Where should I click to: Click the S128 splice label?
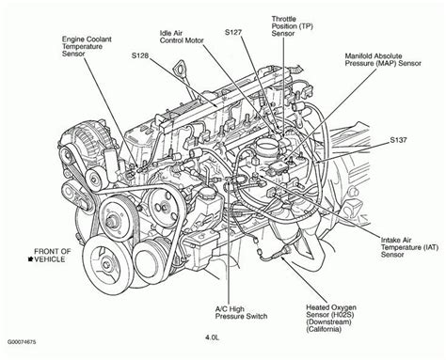point(140,55)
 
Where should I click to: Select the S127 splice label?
point(233,32)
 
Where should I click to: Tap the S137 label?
point(398,140)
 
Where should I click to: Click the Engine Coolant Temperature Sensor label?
point(87,46)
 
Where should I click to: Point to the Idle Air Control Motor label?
point(182,37)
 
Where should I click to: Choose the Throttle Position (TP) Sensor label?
point(293,26)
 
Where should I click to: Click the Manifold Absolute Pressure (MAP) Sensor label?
point(383,59)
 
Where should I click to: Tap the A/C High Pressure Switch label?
point(241,312)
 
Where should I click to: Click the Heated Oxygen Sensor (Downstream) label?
point(331,318)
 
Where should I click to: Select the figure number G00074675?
point(22,342)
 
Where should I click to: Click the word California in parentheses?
point(324,329)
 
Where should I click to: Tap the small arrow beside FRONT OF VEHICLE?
point(31,258)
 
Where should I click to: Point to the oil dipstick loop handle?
point(181,68)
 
